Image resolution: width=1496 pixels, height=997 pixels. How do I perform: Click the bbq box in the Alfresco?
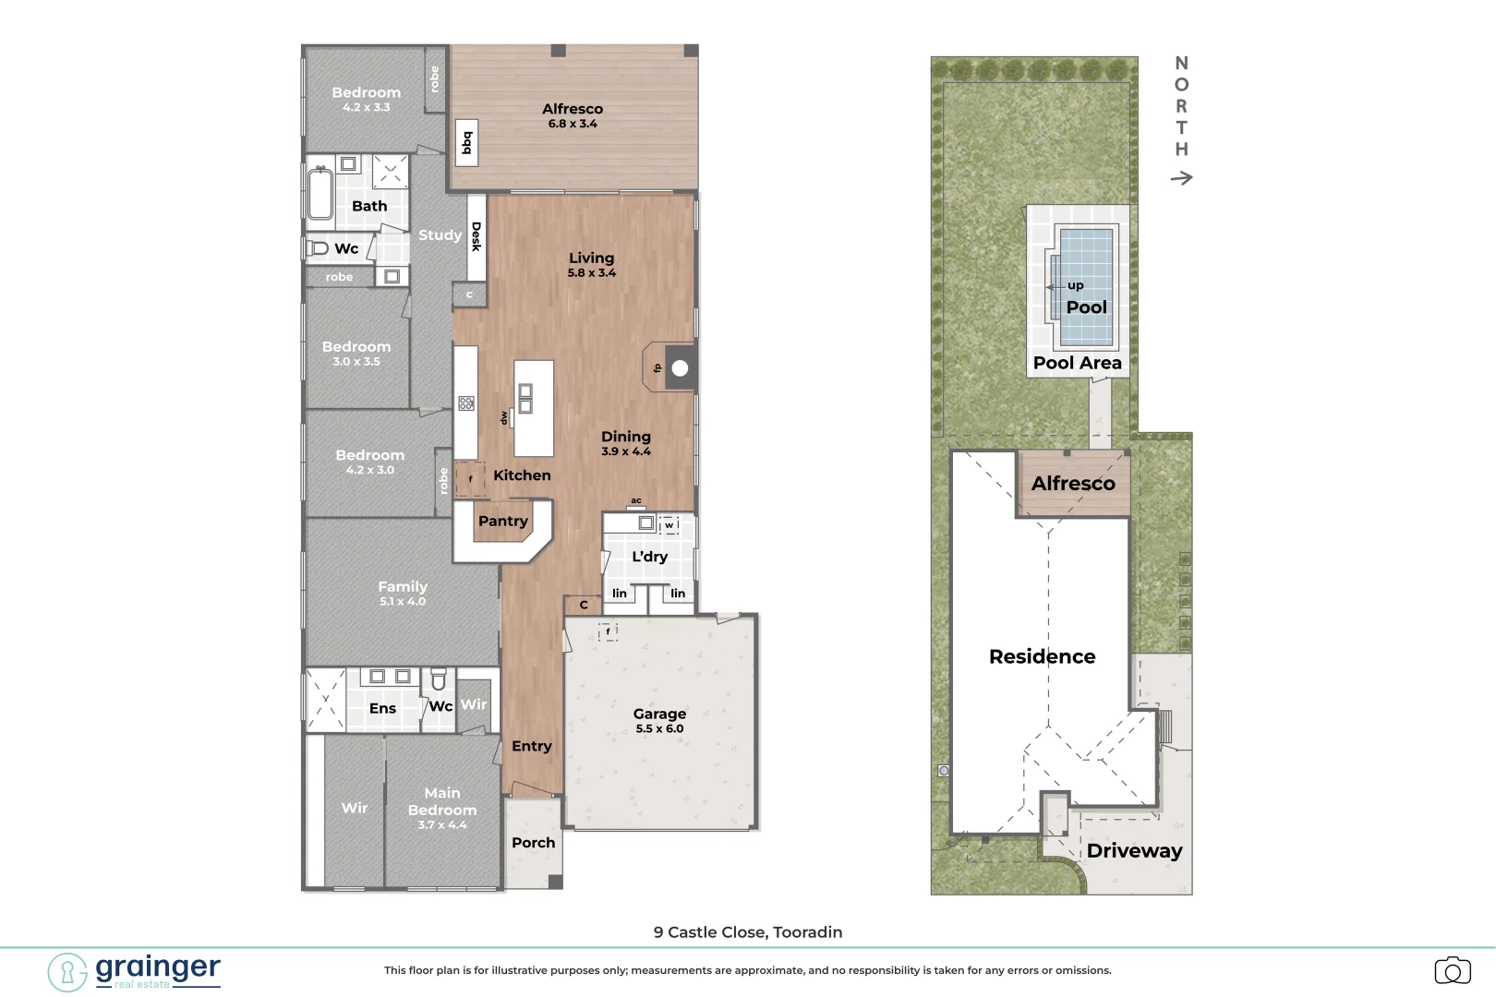click(467, 142)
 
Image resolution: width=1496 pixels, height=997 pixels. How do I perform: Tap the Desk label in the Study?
click(477, 237)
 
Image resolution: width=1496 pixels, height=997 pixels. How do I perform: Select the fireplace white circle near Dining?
click(680, 368)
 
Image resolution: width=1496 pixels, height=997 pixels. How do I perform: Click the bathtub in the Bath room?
click(320, 194)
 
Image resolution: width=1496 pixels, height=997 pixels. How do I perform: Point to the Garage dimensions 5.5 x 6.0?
click(660, 728)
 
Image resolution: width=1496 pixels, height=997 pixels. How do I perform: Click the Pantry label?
click(503, 521)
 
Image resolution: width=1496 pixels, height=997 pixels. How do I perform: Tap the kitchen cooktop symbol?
click(466, 403)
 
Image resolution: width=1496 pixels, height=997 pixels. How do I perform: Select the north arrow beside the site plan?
click(1181, 177)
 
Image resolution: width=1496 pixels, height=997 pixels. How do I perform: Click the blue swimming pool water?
click(1086, 287)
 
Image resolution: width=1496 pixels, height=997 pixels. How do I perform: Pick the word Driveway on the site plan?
click(1134, 851)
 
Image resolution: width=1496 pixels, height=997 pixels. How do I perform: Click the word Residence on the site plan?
click(1042, 656)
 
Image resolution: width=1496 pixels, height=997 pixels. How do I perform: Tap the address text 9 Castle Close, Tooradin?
click(748, 932)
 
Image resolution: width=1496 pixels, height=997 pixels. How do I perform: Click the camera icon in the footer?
click(1453, 970)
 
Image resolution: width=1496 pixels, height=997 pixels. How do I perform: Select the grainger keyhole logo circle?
click(67, 972)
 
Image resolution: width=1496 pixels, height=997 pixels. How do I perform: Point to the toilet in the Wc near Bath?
click(318, 248)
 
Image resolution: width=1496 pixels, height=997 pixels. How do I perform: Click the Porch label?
click(534, 843)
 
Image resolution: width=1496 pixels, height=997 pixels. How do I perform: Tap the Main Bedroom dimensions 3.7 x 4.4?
click(442, 824)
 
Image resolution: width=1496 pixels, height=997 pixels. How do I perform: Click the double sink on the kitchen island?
click(525, 399)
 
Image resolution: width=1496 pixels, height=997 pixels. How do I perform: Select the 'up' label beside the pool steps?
click(1075, 286)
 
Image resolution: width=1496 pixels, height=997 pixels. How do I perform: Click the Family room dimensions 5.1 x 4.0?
click(402, 601)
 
